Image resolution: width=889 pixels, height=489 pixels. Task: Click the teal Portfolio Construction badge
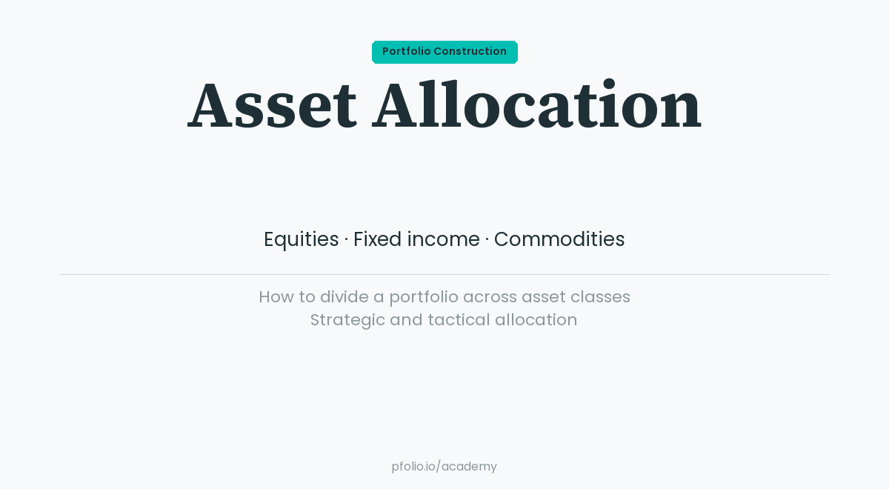point(444,52)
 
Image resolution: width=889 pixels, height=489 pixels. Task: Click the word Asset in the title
point(272,106)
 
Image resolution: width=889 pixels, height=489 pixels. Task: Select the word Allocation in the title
point(536,106)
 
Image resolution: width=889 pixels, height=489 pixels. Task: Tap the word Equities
point(301,239)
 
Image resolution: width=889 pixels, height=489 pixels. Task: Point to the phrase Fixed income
point(416,239)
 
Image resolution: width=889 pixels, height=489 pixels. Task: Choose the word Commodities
point(559,239)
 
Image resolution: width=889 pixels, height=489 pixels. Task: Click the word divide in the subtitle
point(344,297)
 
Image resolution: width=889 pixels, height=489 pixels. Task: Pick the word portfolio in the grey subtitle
point(424,297)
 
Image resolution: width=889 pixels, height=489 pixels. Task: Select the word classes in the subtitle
point(600,297)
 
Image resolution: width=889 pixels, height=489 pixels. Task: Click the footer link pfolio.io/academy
point(444,467)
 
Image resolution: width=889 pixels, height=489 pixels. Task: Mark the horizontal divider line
point(444,274)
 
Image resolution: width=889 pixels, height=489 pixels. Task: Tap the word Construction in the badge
point(470,52)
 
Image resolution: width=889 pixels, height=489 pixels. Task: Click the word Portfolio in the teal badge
point(406,52)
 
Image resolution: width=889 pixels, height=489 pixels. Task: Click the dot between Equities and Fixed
point(346,239)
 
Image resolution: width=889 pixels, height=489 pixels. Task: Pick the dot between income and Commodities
point(487,239)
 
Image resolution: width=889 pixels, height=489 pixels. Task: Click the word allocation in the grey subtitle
point(536,320)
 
